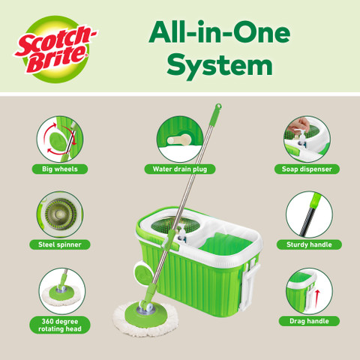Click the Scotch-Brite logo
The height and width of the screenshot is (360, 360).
55,49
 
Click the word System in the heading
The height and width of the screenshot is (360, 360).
220,65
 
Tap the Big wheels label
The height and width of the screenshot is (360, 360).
60,169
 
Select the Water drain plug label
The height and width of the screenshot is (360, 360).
180,169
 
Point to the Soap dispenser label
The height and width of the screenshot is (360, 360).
307,169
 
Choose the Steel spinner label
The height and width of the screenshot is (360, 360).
60,244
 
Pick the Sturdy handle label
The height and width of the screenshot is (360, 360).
309,244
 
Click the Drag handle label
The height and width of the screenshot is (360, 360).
309,321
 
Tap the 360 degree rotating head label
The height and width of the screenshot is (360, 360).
60,325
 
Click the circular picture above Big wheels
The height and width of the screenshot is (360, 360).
60,139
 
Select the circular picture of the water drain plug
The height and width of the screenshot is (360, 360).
180,139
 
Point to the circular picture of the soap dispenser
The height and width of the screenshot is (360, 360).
307,139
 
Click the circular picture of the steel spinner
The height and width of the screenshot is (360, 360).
60,214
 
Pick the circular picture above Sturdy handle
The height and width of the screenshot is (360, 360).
309,214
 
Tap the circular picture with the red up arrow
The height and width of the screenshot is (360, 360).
309,291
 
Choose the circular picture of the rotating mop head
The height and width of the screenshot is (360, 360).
62,291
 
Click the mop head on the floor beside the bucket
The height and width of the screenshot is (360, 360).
145,318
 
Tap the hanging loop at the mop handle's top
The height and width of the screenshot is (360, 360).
218,106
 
